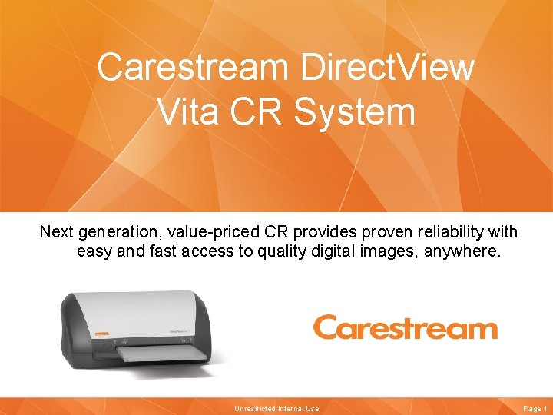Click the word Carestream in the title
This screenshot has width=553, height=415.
tap(192, 68)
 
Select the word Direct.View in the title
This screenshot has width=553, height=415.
tap(387, 68)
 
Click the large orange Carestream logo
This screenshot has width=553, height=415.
tap(405, 328)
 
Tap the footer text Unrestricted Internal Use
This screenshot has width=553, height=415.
tap(276, 409)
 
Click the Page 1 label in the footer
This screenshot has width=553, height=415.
tap(534, 409)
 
